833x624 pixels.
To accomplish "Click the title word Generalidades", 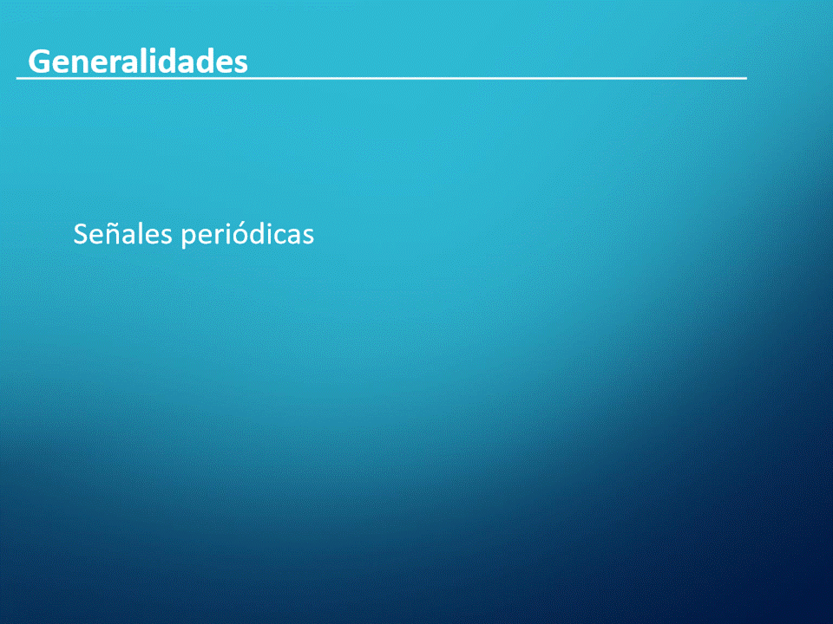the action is (138, 62).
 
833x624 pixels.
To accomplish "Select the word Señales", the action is (122, 233).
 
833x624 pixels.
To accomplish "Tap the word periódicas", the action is (247, 235).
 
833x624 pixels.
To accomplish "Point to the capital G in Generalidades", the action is (39, 62).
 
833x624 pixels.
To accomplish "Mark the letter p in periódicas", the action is (188, 239).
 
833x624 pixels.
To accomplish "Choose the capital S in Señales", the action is (80, 234).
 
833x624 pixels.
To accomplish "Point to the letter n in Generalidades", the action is (78, 64).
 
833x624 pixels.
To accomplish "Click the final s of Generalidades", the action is (240, 65).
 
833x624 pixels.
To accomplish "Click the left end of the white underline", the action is (16, 78).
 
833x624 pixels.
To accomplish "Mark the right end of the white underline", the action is (747, 78).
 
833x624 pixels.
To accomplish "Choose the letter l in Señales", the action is (139, 233).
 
